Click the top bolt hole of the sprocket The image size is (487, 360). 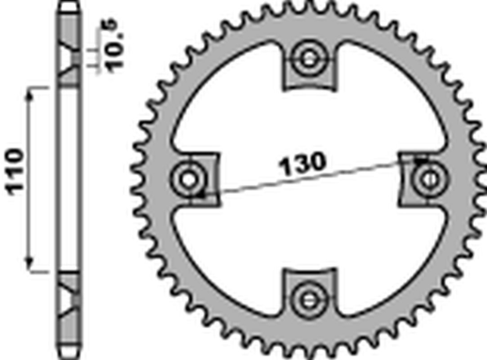click(x=308, y=57)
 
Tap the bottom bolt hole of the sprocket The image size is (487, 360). click(x=308, y=298)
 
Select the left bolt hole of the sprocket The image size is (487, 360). click(x=188, y=177)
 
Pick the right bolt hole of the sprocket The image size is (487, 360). click(x=429, y=177)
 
